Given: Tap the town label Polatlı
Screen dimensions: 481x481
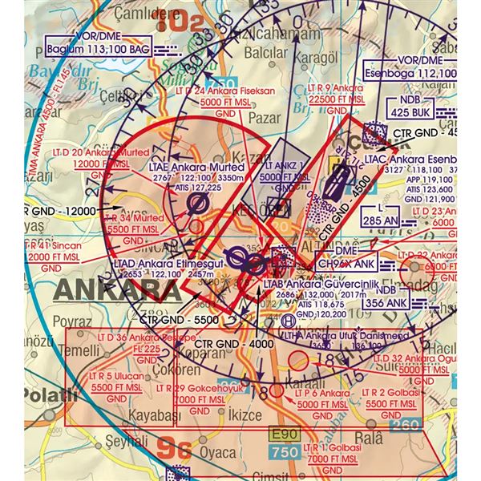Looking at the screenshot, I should (27, 395).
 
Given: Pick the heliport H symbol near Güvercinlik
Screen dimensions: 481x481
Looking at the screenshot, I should (289, 319).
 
